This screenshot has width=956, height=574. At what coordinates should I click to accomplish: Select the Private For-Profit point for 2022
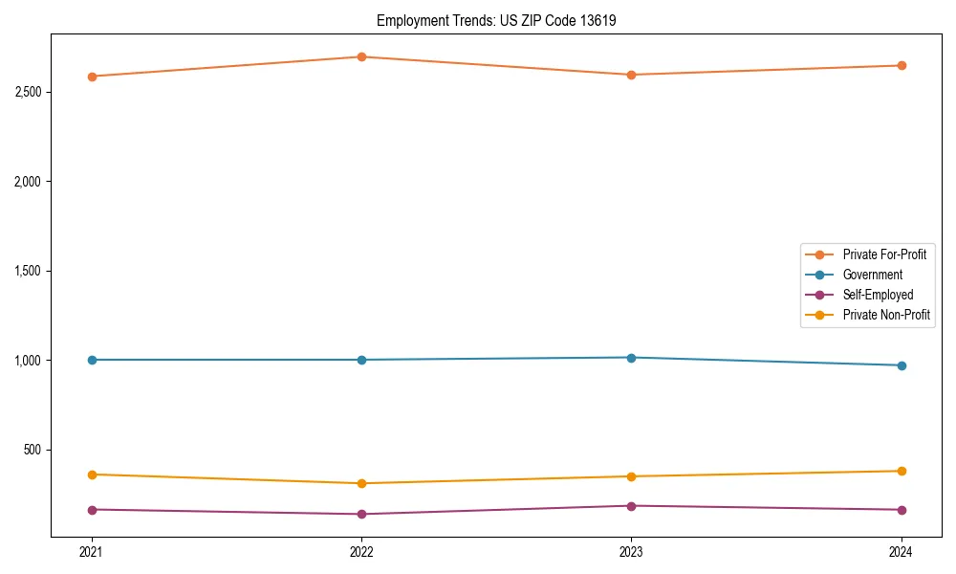pos(361,56)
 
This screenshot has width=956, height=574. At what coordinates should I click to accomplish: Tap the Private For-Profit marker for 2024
pos(902,65)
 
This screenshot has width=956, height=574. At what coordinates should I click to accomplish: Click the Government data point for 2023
pos(631,358)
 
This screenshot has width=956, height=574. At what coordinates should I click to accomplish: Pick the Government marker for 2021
pos(92,360)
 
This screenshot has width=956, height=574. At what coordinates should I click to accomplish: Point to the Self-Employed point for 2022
pos(361,514)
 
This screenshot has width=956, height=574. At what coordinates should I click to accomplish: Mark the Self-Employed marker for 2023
pos(631,506)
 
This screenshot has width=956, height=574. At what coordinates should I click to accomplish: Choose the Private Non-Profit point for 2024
pos(902,471)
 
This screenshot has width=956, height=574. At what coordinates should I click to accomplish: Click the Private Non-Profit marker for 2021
pos(92,475)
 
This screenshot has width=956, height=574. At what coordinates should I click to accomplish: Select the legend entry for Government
pos(872,275)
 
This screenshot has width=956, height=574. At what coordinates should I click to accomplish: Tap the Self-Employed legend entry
pos(878,295)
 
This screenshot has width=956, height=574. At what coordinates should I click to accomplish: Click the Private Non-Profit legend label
pos(886,315)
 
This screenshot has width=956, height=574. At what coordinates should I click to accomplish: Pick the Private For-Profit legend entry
pos(884,254)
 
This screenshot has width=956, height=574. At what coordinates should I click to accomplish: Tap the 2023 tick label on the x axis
pos(631,551)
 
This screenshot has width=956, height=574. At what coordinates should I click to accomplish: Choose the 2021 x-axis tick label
pos(92,551)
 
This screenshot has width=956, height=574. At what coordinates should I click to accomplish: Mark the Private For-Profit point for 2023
pos(631,75)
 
